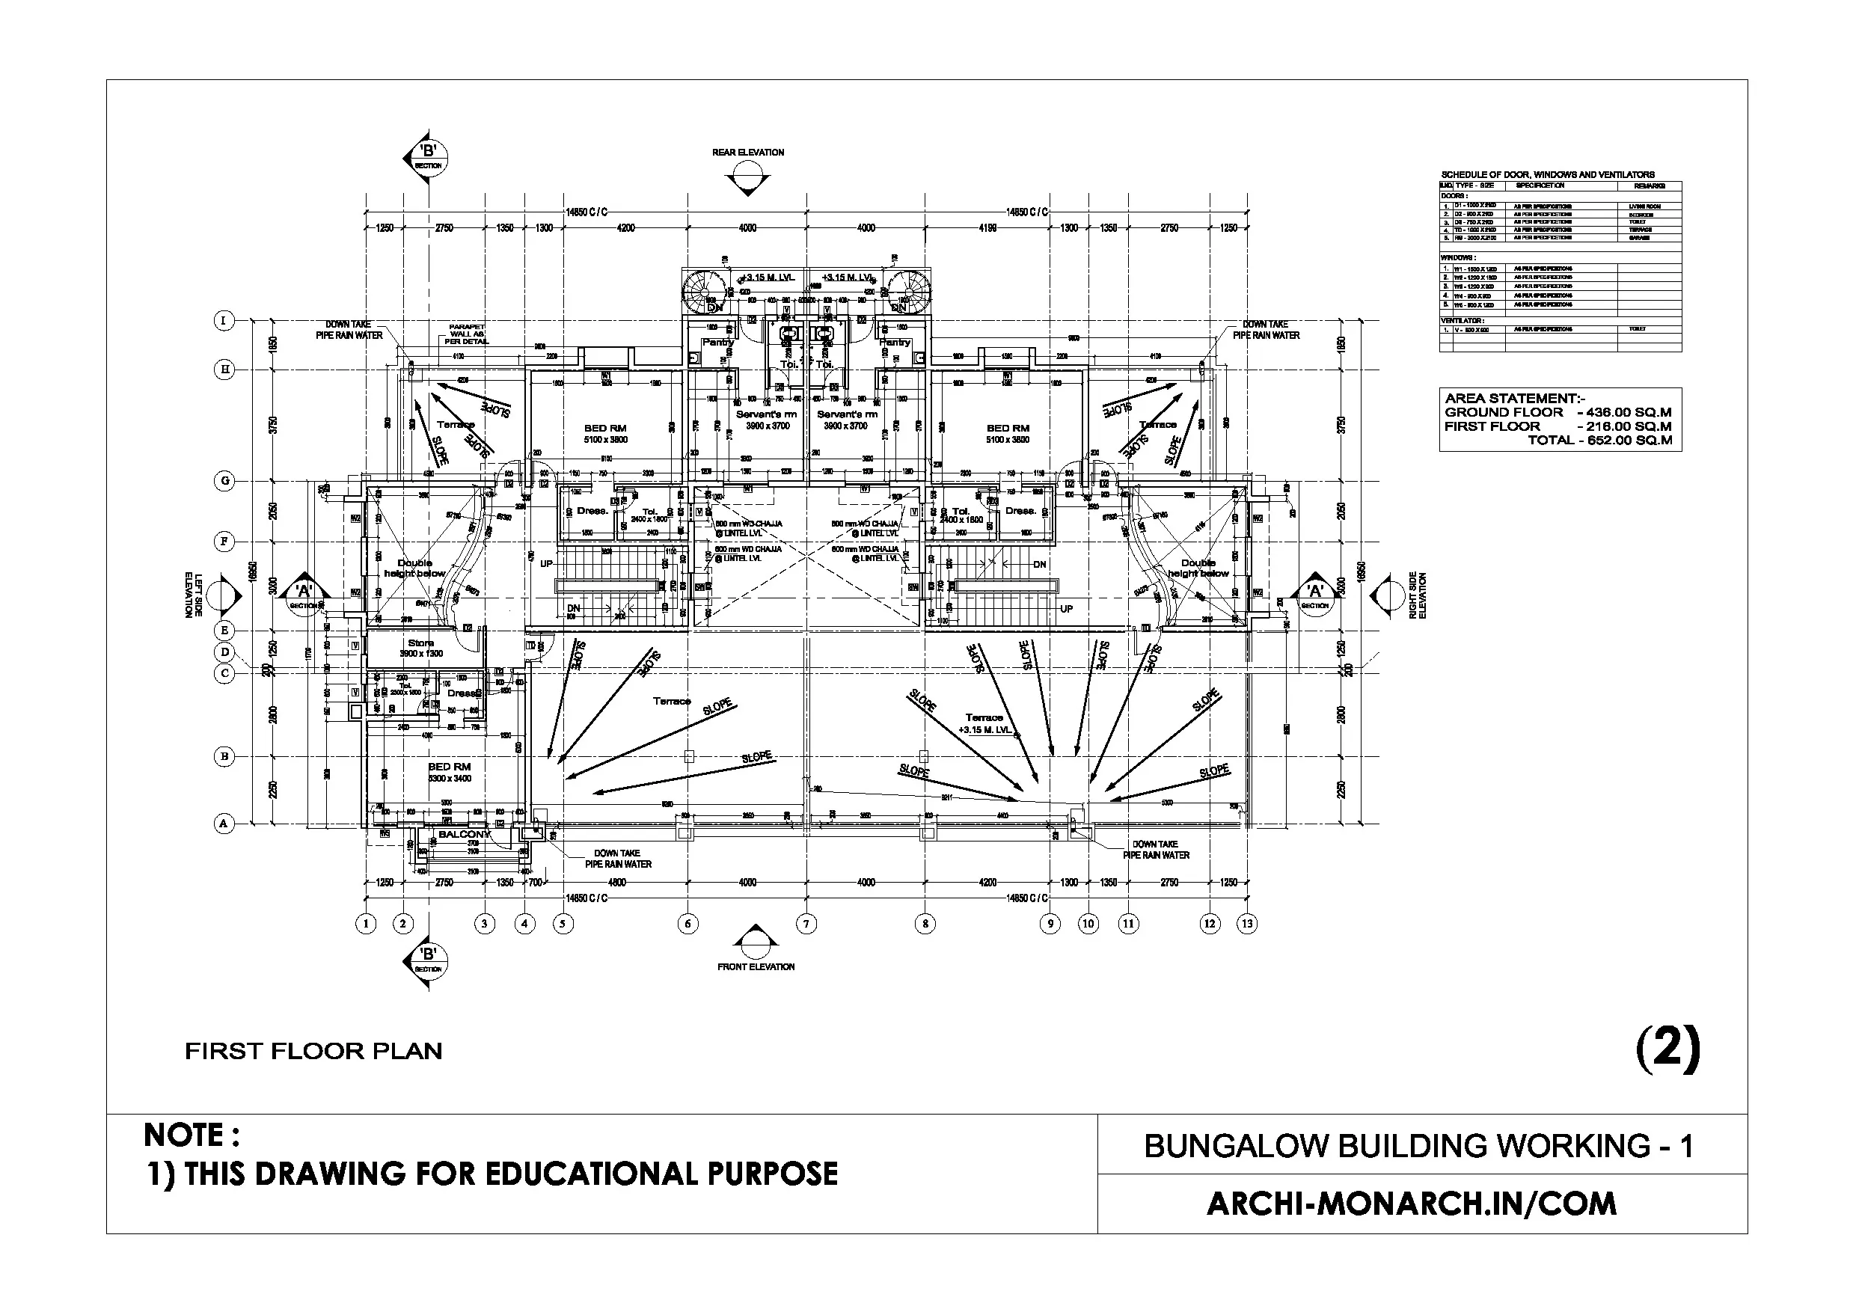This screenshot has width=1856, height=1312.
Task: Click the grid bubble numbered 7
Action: (x=806, y=924)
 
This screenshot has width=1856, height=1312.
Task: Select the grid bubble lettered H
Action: (x=224, y=370)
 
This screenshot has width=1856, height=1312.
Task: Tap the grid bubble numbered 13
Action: (x=1247, y=923)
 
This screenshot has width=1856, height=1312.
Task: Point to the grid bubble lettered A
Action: (x=224, y=824)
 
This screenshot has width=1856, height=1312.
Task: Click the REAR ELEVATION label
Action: (x=748, y=152)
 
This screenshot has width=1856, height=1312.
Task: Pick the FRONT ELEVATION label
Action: (x=756, y=967)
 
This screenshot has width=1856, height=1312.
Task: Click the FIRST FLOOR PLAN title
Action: (x=313, y=1052)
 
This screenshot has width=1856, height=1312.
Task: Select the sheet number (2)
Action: (x=1668, y=1049)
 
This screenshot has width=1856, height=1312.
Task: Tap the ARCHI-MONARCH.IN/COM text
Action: (x=1412, y=1204)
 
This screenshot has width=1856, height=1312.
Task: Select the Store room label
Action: (x=420, y=643)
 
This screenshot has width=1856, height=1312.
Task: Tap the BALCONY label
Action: (x=464, y=834)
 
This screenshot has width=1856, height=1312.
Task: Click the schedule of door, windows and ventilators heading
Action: (x=1547, y=174)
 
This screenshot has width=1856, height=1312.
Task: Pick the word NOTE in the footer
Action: (x=191, y=1135)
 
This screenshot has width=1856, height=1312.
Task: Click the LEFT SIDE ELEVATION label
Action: (x=193, y=595)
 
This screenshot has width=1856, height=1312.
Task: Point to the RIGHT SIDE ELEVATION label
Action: (x=1418, y=595)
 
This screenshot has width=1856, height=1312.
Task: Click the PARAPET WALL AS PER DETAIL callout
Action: (x=466, y=334)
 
